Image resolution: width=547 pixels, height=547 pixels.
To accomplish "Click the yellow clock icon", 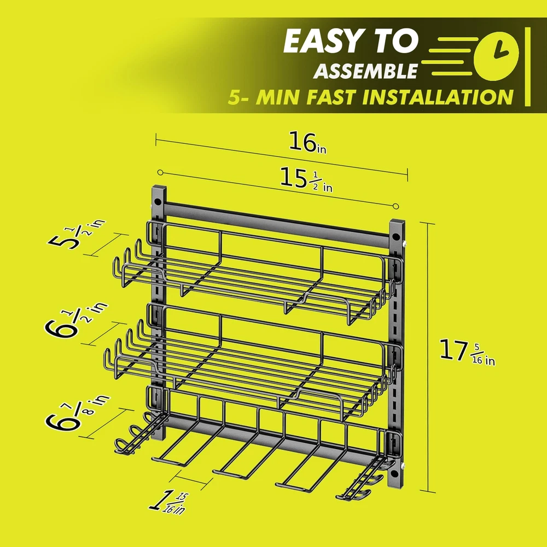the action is click(x=497, y=56).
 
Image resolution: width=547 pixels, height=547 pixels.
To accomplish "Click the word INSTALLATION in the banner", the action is click(x=438, y=97).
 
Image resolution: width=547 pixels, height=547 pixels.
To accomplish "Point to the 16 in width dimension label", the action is click(x=307, y=143).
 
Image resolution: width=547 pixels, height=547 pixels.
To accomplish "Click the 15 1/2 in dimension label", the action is click(x=306, y=179).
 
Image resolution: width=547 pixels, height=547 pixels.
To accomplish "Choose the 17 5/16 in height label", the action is click(x=467, y=352).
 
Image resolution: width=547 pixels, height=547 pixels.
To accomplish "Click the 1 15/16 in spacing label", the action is click(x=168, y=502).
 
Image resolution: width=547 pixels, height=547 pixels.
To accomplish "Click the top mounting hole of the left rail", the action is click(x=158, y=202).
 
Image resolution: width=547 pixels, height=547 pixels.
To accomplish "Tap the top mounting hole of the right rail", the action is click(x=395, y=237).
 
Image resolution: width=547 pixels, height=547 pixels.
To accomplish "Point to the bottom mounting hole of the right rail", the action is click(x=394, y=474).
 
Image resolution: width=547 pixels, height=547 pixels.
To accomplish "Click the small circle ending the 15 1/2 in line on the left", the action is click(x=160, y=172).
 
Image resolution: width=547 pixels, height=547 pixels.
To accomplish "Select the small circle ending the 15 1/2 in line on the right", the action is click(x=395, y=207).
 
